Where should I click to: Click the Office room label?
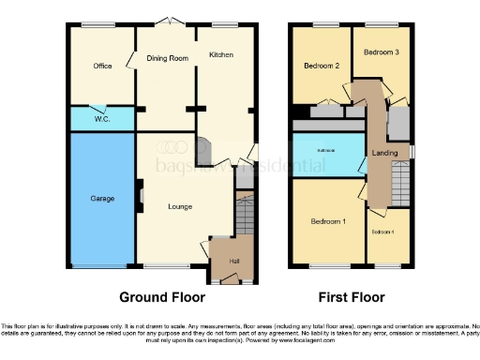click(102, 67)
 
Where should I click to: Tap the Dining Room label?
click(167, 58)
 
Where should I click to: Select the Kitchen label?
click(221, 56)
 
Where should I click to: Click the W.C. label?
click(102, 119)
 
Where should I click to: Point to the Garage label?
click(102, 199)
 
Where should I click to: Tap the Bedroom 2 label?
click(322, 67)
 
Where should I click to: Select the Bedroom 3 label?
click(382, 52)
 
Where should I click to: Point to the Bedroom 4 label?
click(382, 231)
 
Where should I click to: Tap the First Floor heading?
click(351, 297)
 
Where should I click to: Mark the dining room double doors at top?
click(167, 22)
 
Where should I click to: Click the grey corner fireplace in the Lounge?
click(203, 147)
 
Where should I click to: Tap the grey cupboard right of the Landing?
click(398, 123)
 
